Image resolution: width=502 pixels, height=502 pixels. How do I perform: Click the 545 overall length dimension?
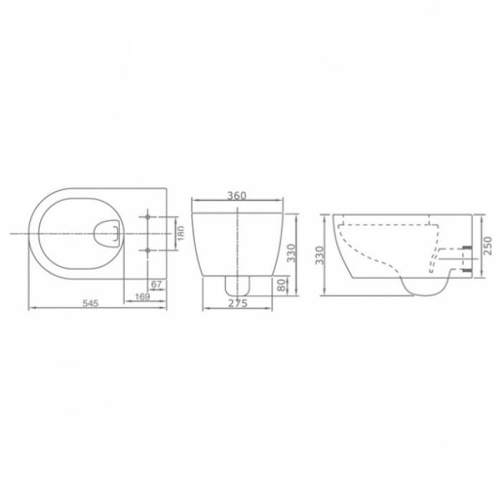click(x=90, y=303)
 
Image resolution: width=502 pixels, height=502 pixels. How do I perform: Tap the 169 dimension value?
click(x=142, y=296)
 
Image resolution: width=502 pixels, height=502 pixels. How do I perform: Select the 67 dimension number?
click(x=156, y=284)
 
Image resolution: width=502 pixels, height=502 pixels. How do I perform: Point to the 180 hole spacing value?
click(x=181, y=233)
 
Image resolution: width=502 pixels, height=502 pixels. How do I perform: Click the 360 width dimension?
click(x=237, y=195)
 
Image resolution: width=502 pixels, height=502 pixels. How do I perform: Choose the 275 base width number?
click(x=238, y=303)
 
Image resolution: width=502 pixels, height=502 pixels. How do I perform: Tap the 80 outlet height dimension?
click(x=281, y=285)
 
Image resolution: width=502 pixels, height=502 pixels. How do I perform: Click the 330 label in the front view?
click(x=291, y=253)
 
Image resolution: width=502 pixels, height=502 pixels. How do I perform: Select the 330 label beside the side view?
click(x=320, y=255)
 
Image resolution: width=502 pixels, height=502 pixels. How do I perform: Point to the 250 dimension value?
click(x=487, y=245)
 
